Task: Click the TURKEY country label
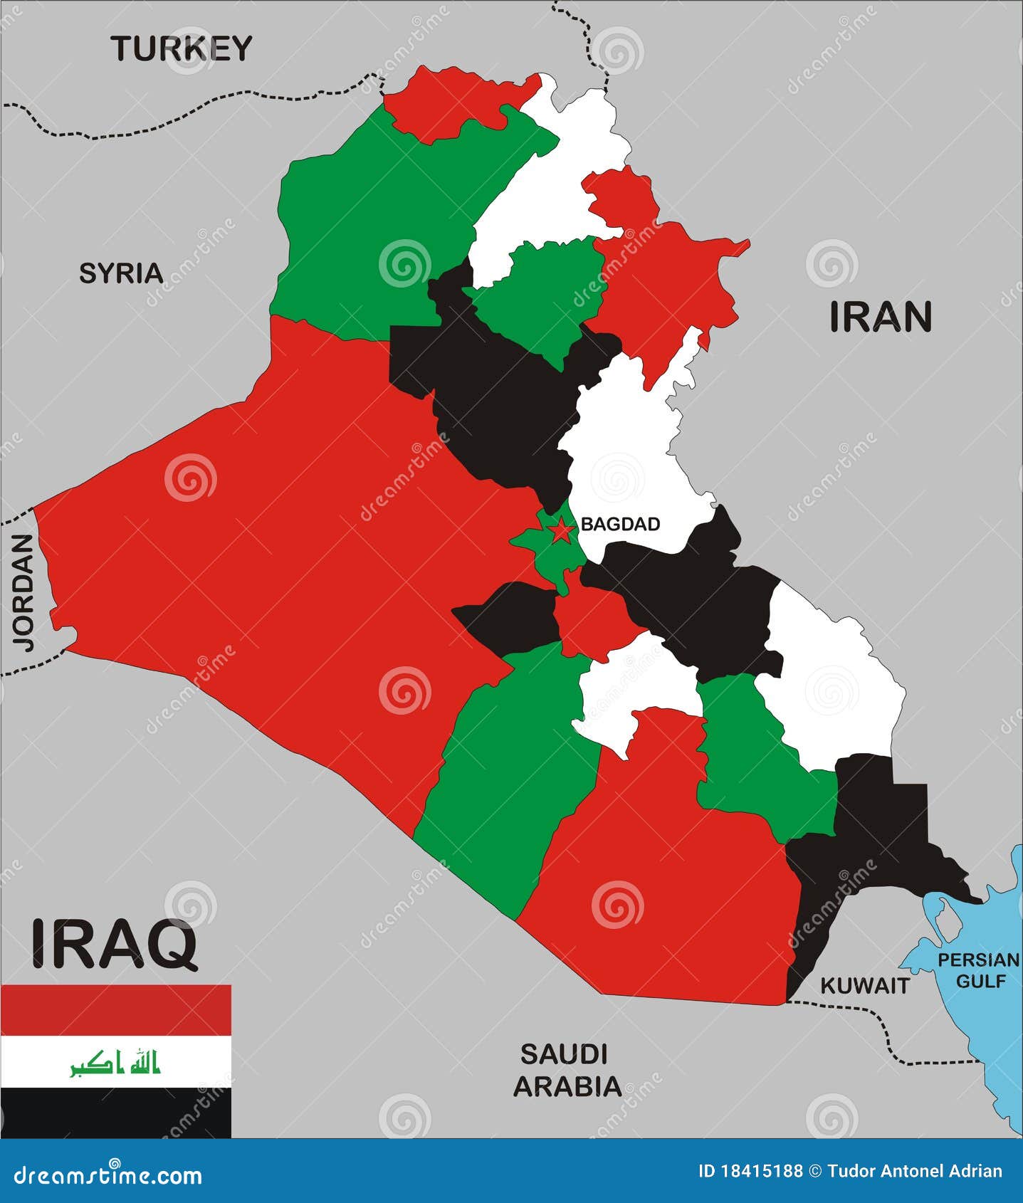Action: (x=182, y=48)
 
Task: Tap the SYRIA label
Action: (x=121, y=273)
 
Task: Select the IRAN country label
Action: (x=881, y=317)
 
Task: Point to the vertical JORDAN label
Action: (x=23, y=592)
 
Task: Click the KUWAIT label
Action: (x=865, y=985)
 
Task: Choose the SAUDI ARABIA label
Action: (x=567, y=1070)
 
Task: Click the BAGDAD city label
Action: (x=620, y=524)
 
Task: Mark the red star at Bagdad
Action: (x=561, y=530)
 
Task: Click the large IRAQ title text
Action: (x=114, y=944)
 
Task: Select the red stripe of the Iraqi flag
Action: (x=115, y=1009)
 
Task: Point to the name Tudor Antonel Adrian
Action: (x=915, y=1171)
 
